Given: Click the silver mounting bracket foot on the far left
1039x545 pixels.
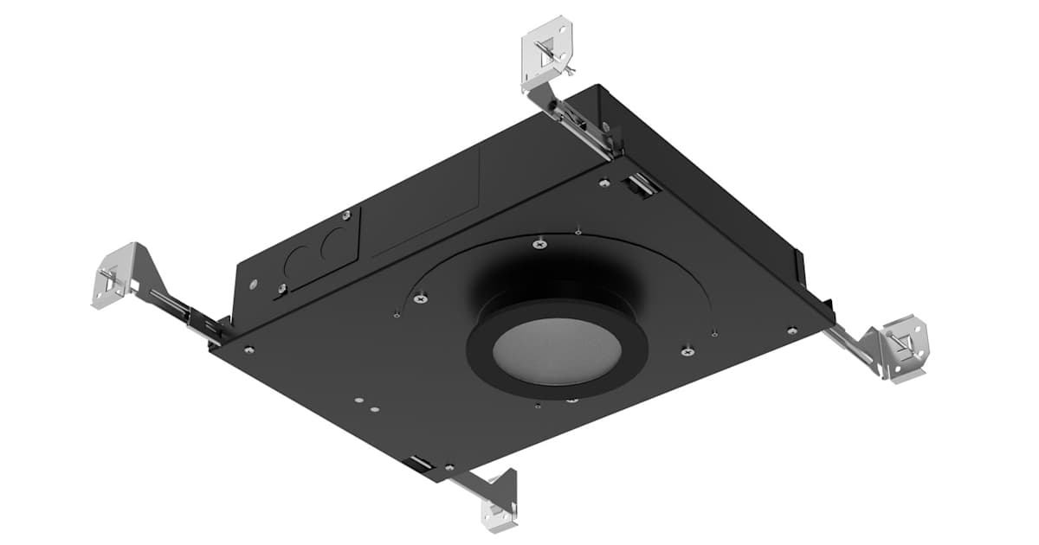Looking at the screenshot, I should click(113, 275).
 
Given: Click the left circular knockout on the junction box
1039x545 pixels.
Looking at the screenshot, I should click(300, 257).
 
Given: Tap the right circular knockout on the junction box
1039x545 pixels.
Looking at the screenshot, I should click(332, 245).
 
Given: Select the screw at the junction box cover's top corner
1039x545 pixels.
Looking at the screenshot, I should click(346, 213).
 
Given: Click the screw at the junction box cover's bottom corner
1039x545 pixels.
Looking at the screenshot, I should click(282, 289).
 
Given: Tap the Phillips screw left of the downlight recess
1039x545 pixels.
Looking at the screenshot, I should click(420, 298).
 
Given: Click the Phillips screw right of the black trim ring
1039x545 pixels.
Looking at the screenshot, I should click(687, 350).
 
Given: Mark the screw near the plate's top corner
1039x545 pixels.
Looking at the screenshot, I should click(603, 183).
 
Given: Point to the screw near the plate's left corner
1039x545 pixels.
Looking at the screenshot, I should click(249, 349).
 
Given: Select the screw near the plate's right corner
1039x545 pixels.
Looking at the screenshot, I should click(791, 330).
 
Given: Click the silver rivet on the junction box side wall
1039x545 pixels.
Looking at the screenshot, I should click(252, 283).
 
